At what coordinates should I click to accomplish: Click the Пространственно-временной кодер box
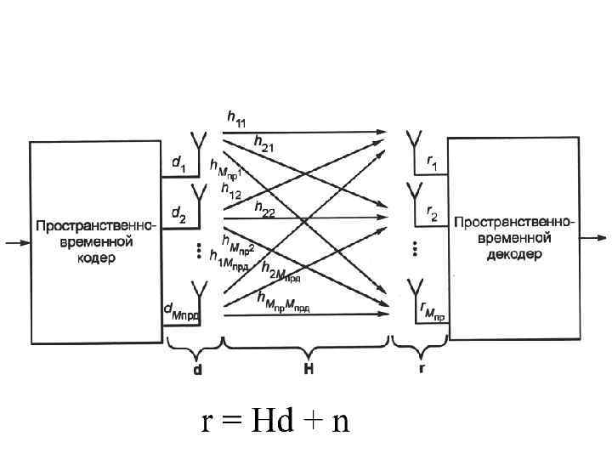pos(96,242)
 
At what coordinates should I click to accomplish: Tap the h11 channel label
pos(235,121)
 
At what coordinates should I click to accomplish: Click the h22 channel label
pos(263,212)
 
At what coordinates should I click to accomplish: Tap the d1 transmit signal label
pos(178,161)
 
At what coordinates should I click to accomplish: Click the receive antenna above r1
pos(414,142)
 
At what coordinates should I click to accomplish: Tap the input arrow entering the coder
pos(17,243)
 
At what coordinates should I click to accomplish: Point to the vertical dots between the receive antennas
pos(415,248)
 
